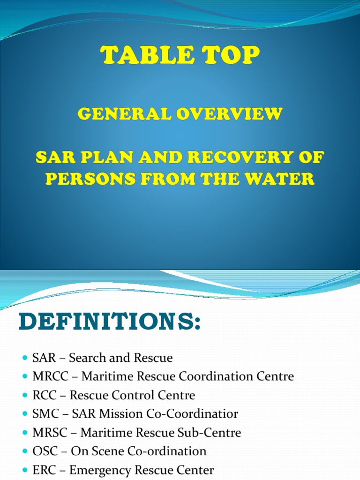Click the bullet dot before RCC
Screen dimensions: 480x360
[25, 396]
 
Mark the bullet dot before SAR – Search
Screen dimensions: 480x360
[25, 358]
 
